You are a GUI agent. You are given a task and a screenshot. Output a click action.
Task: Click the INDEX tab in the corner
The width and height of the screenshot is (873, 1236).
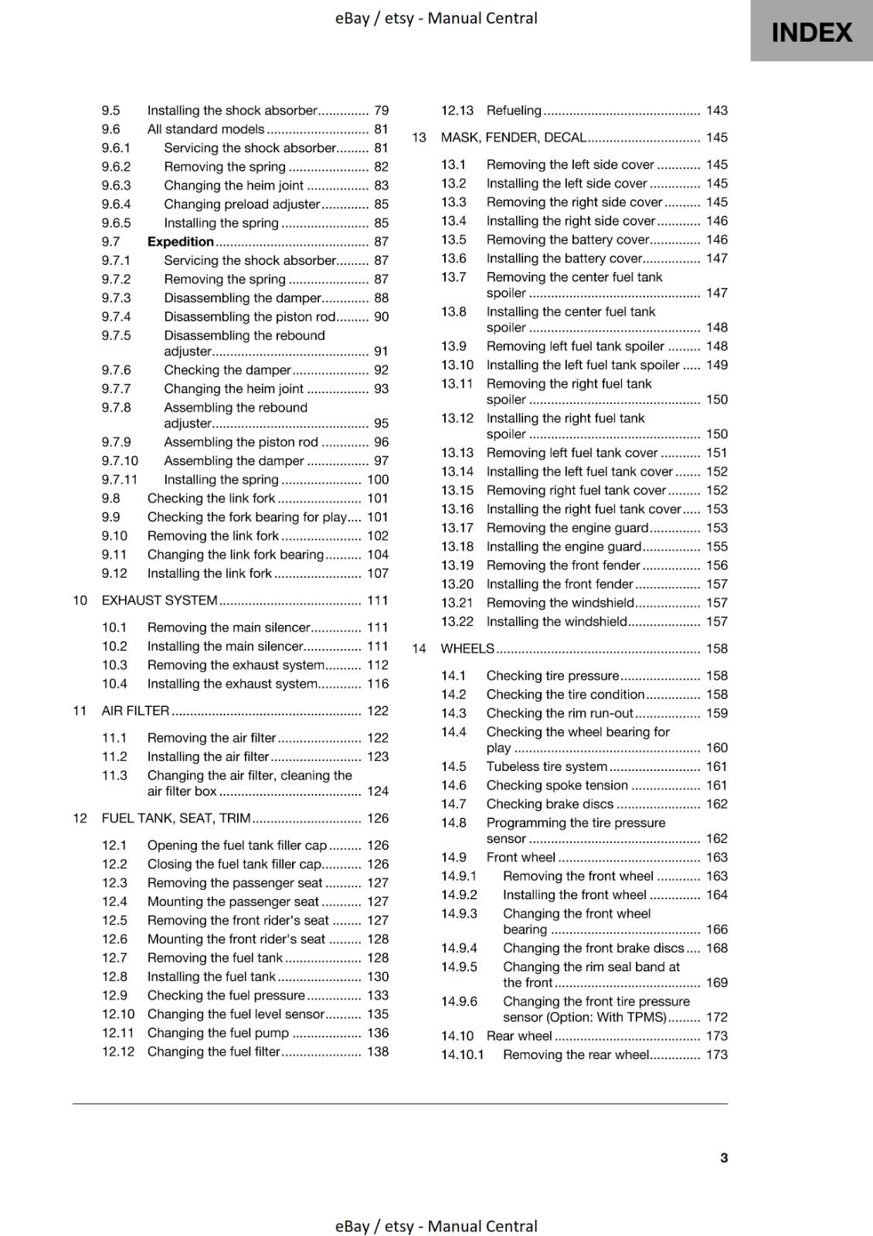click(811, 32)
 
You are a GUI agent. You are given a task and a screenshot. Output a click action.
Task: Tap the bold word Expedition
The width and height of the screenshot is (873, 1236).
click(180, 242)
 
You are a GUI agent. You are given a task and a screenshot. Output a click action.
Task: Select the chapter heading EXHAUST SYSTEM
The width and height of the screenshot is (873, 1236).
click(159, 600)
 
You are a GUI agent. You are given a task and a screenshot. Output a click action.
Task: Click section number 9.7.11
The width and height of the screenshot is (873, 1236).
click(119, 480)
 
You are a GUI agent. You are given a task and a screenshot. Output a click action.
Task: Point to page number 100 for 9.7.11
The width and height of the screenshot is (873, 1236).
click(378, 480)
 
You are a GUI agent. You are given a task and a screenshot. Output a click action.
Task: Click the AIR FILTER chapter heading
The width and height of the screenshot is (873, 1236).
click(135, 711)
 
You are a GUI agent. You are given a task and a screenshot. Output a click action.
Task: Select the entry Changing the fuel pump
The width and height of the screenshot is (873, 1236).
click(218, 1033)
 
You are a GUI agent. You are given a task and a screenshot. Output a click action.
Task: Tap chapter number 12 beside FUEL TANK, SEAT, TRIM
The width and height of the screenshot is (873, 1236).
click(80, 818)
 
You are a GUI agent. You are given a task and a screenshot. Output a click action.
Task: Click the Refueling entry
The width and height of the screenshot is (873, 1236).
click(514, 110)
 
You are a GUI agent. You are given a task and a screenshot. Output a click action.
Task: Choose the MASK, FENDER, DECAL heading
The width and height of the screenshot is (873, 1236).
click(513, 138)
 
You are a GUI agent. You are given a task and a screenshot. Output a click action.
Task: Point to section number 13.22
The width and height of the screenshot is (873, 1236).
click(457, 622)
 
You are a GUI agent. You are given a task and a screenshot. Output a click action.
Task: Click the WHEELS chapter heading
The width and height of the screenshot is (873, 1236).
click(467, 649)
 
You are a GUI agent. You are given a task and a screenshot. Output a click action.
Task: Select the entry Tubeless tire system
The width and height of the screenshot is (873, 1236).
click(546, 766)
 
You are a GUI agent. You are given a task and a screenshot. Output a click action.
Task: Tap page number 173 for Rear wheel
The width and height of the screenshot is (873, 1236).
click(716, 1036)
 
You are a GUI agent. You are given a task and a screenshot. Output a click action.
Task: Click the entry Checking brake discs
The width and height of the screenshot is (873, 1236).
click(549, 804)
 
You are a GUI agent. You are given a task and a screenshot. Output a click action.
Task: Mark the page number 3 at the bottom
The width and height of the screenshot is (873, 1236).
click(723, 1158)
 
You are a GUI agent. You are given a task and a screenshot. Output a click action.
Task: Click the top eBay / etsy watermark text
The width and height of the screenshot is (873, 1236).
click(436, 18)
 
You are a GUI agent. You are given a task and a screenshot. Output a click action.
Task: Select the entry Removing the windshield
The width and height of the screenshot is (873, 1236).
click(560, 603)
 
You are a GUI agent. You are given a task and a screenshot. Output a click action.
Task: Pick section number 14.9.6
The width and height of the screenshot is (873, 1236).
click(459, 1002)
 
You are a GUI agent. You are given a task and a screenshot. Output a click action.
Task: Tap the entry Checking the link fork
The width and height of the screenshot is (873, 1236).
click(211, 498)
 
